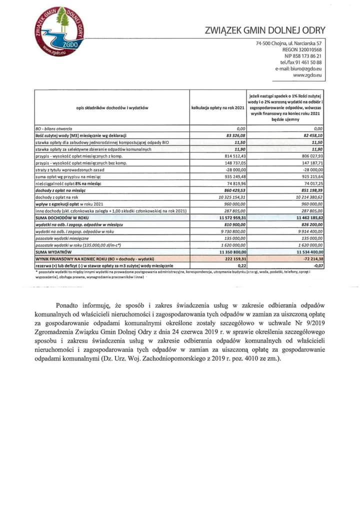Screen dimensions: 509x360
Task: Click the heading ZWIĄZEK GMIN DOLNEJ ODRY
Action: coord(265,30)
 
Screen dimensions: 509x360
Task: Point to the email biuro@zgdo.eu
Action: coord(297,69)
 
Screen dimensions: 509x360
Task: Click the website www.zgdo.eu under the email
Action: coord(307,75)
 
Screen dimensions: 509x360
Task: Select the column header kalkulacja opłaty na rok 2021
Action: coord(218,108)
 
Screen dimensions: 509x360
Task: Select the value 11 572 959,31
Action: coord(230,218)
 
